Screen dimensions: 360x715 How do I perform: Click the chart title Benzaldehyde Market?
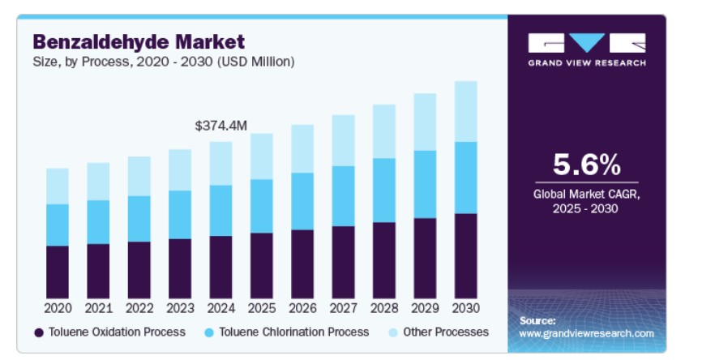[139, 41]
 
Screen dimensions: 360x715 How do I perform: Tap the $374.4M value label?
[220, 126]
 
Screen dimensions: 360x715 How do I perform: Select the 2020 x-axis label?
[58, 308]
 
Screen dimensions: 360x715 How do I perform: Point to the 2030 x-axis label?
[465, 308]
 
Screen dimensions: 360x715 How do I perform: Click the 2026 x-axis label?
[302, 308]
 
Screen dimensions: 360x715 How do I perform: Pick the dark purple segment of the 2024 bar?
[220, 267]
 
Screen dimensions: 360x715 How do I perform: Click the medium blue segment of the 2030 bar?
[465, 178]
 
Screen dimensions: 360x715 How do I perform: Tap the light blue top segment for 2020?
[58, 186]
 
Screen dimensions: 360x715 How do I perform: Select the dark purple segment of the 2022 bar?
[139, 269]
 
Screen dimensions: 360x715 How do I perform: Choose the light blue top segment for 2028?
[383, 131]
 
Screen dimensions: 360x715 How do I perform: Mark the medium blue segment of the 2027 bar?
[343, 196]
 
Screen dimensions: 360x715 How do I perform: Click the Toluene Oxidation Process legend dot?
[38, 332]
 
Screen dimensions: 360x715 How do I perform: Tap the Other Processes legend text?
[447, 332]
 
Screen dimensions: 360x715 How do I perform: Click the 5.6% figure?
[586, 165]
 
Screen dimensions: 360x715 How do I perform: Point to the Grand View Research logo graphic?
[587, 43]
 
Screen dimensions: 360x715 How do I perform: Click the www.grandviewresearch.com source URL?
[586, 333]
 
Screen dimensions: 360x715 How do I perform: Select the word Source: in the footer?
[537, 320]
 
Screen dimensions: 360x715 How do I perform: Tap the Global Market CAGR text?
[586, 194]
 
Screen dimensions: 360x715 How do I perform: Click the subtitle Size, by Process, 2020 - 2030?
[163, 61]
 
